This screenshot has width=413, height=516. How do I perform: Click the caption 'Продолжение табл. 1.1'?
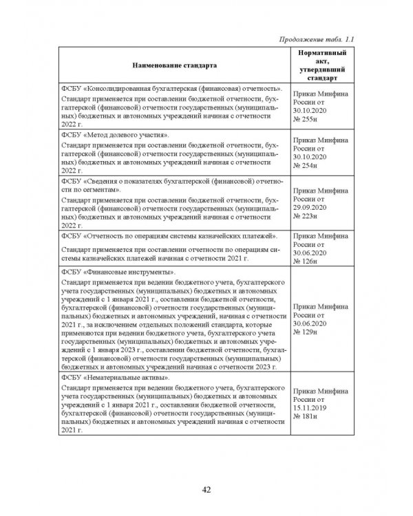point(317,37)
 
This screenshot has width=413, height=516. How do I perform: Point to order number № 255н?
point(306,118)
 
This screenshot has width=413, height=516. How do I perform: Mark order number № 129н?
point(306,332)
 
